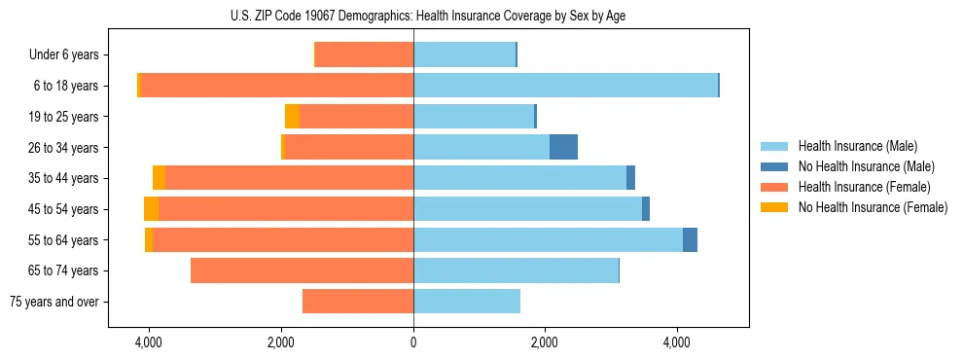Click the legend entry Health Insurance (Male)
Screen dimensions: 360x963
[857, 146]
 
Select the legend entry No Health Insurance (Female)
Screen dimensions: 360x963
[873, 207]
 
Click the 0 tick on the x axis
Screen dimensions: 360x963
[413, 342]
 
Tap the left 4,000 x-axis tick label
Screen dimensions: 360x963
[149, 342]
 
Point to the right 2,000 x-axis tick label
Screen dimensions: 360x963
[545, 342]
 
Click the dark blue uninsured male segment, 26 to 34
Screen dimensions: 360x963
[563, 147]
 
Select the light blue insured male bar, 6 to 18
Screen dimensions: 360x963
[565, 86]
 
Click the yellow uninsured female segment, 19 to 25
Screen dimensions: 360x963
[292, 117]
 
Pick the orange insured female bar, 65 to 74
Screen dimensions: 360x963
[302, 270]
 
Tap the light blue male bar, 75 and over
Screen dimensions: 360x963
[467, 302]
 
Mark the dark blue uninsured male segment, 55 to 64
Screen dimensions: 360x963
[690, 239]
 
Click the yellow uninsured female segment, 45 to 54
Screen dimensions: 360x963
[151, 209]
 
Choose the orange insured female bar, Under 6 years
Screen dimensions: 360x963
[364, 55]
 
